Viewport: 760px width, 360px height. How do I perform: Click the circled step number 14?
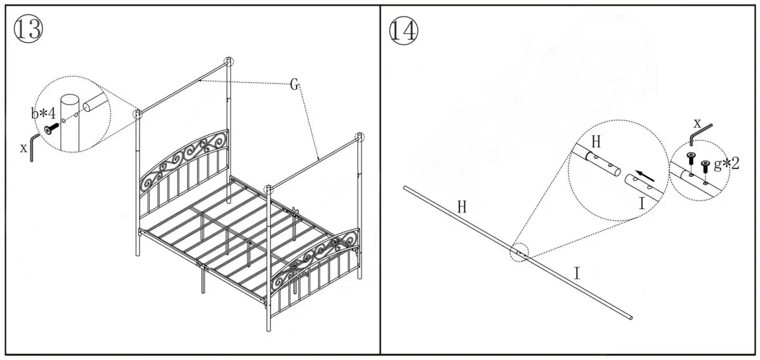pyautogui.click(x=404, y=30)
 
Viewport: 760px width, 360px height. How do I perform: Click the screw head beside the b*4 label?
pyautogui.click(x=50, y=129)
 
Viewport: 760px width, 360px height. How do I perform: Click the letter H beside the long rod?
pyautogui.click(x=462, y=206)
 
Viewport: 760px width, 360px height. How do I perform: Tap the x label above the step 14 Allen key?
pyautogui.click(x=697, y=122)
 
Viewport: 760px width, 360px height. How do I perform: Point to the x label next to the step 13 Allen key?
pyautogui.click(x=24, y=148)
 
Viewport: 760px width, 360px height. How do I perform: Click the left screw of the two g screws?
pyautogui.click(x=692, y=157)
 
